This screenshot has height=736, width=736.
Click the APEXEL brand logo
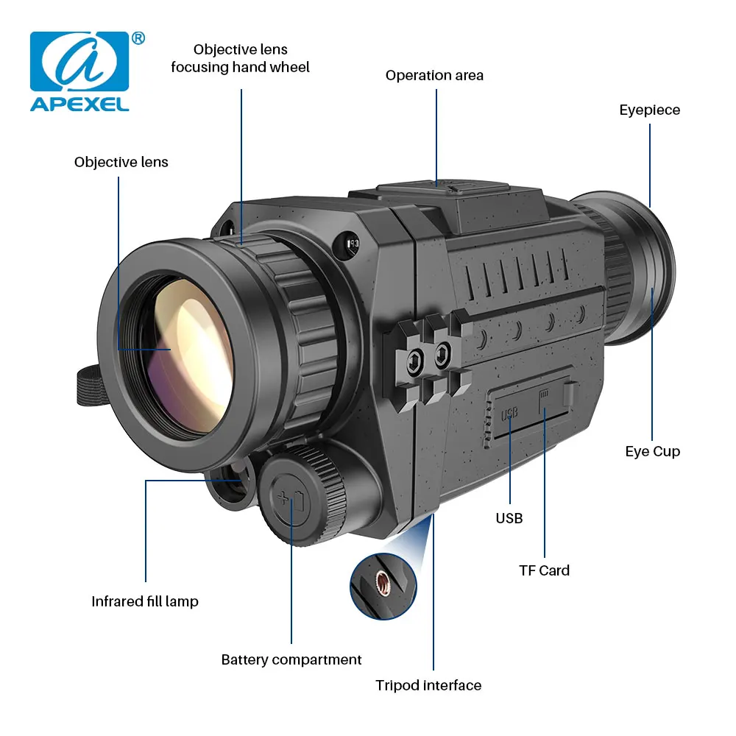point(79,71)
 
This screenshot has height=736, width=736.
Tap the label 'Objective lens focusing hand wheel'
point(240,58)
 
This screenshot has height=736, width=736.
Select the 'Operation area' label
point(434,75)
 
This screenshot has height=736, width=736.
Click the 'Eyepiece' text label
point(649,110)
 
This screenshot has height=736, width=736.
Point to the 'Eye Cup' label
point(652,451)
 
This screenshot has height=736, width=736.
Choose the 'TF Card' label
point(544,570)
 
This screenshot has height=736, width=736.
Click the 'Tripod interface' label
point(428,685)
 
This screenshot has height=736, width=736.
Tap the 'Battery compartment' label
point(291,659)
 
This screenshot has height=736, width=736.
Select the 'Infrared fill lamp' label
point(145,601)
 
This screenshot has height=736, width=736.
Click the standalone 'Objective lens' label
point(121,162)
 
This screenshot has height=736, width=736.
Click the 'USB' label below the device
point(509,518)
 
